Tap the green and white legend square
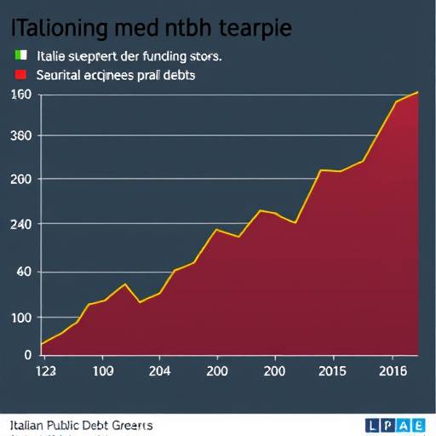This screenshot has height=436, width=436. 19,56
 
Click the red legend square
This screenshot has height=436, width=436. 19,75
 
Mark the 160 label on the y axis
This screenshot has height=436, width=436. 21,94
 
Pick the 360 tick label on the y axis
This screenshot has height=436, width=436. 21,136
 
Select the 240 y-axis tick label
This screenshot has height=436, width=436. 21,224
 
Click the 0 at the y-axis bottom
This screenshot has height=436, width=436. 26,353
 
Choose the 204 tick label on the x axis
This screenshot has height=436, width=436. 158,371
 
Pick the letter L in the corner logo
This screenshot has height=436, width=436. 372,425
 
